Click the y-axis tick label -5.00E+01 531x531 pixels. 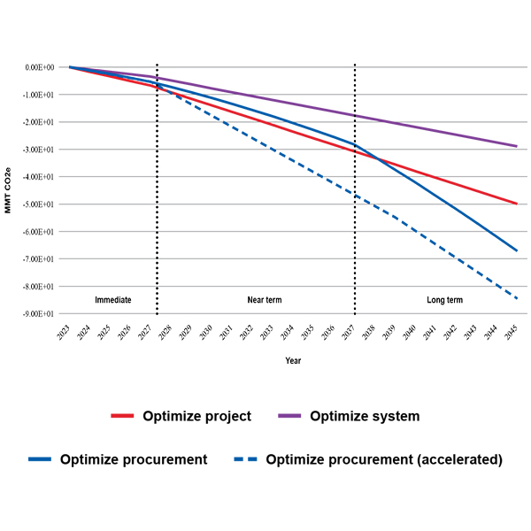click(39, 204)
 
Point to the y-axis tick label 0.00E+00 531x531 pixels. click(40, 67)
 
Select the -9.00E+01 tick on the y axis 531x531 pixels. click(39, 314)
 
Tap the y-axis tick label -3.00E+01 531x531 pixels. click(39, 150)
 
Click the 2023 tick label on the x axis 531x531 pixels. click(65, 333)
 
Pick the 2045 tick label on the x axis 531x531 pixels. click(512, 333)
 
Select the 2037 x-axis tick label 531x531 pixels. click(350, 333)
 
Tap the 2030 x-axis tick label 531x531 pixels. click(207, 333)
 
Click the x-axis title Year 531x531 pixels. click(293, 360)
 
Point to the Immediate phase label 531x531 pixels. click(113, 300)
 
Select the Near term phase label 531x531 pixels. click(264, 300)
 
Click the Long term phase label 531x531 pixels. click(444, 300)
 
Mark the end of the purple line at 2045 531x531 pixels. click(517, 146)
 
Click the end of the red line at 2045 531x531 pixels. click(517, 204)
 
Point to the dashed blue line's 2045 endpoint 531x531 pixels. click(517, 299)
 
